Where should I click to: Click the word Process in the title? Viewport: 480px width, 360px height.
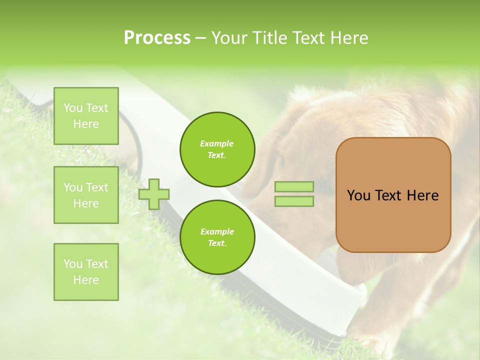click(x=157, y=38)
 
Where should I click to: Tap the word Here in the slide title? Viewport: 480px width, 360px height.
click(x=348, y=38)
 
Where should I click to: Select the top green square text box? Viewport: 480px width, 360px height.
click(x=86, y=116)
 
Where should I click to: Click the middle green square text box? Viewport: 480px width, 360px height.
click(x=86, y=195)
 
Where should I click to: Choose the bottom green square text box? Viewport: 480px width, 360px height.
click(x=86, y=272)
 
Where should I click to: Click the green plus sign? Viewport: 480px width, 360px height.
click(x=154, y=194)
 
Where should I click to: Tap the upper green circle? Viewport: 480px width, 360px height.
click(x=217, y=149)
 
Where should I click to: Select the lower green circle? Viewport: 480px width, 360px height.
click(x=217, y=237)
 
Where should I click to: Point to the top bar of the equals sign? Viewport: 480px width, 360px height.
click(x=294, y=186)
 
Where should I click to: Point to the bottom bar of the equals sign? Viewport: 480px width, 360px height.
click(x=294, y=201)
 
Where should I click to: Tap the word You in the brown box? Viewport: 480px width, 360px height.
click(x=359, y=195)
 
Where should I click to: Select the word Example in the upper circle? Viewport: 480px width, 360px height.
click(x=217, y=143)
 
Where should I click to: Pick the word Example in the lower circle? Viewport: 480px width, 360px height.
click(x=217, y=231)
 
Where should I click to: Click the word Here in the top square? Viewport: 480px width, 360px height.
click(x=86, y=124)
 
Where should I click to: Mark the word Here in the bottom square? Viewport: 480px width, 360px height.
click(x=86, y=280)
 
